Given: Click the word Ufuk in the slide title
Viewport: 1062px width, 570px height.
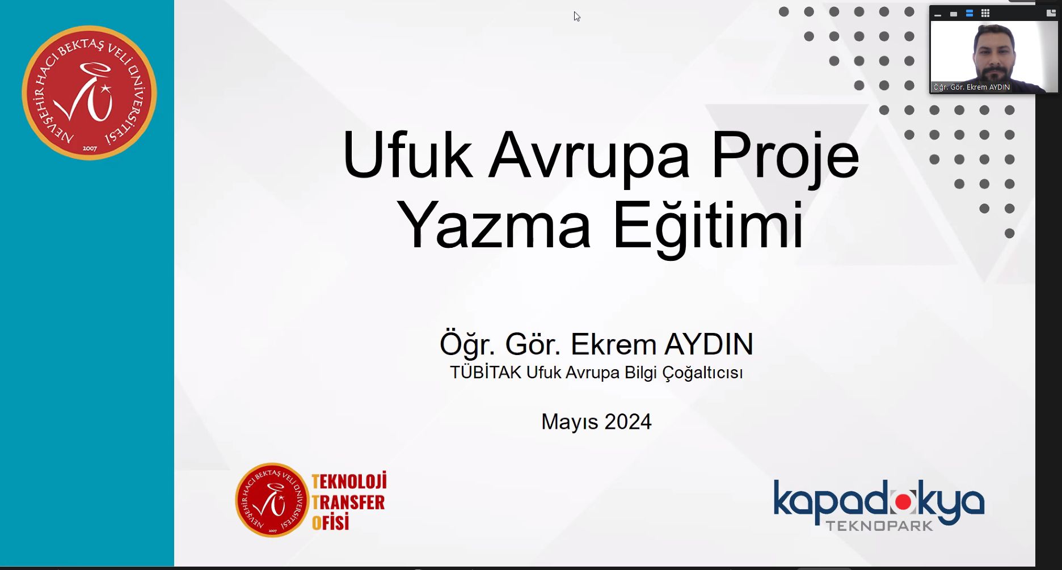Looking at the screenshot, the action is [407, 155].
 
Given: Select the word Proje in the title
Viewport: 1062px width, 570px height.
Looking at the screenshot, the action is [785, 158].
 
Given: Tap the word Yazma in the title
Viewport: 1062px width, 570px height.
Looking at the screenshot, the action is [494, 225].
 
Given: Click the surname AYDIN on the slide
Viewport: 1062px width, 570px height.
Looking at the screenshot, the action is [709, 344].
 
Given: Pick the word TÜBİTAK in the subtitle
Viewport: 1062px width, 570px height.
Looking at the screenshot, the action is [486, 372].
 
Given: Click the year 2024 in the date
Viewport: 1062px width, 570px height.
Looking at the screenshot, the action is [628, 421].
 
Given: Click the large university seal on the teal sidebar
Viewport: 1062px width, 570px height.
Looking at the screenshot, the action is [89, 92].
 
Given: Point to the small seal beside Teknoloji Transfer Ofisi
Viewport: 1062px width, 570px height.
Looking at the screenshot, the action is [272, 500].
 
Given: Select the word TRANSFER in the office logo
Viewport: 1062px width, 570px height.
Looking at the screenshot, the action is [348, 502].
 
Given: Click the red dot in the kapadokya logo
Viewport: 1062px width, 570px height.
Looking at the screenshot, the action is [903, 501].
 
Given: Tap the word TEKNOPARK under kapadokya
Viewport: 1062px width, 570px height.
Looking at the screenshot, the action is [879, 526].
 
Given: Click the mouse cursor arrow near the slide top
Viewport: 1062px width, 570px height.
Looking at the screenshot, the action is [576, 16].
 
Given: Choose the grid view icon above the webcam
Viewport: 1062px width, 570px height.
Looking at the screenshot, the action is [985, 13].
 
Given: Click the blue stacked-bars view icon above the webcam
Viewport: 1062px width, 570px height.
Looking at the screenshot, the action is [970, 13].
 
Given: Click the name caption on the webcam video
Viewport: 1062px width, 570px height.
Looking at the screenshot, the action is [971, 87].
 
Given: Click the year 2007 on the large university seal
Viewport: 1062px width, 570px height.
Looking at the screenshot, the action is [90, 149].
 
